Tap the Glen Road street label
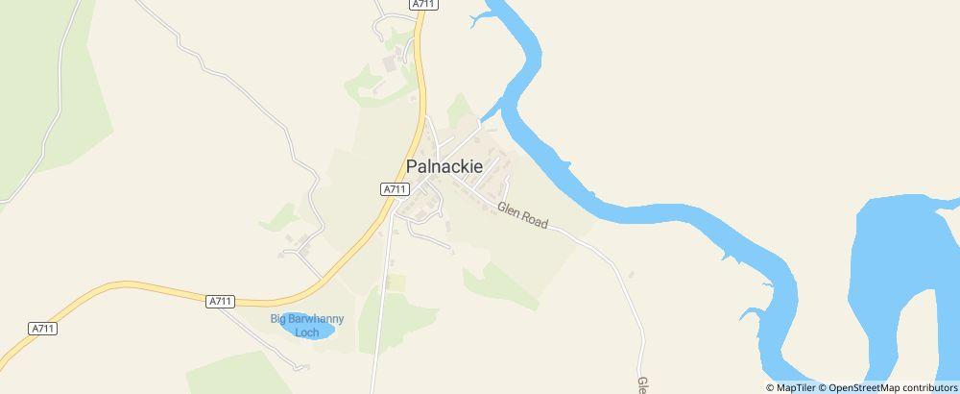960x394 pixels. (x=523, y=216)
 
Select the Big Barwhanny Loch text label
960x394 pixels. (x=306, y=325)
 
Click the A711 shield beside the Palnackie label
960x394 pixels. (x=394, y=189)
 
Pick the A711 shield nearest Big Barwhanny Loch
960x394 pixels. (x=221, y=301)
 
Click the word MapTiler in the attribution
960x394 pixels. (x=795, y=387)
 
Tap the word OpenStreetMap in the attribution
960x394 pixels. (x=864, y=387)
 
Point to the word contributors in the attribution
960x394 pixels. (x=929, y=387)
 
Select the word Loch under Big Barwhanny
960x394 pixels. (x=306, y=332)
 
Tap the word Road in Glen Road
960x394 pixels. (x=535, y=221)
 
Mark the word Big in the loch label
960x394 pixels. (x=278, y=319)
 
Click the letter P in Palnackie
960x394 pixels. (x=413, y=166)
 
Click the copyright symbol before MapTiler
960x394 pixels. (x=770, y=387)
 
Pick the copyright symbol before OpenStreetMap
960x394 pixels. (x=823, y=387)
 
